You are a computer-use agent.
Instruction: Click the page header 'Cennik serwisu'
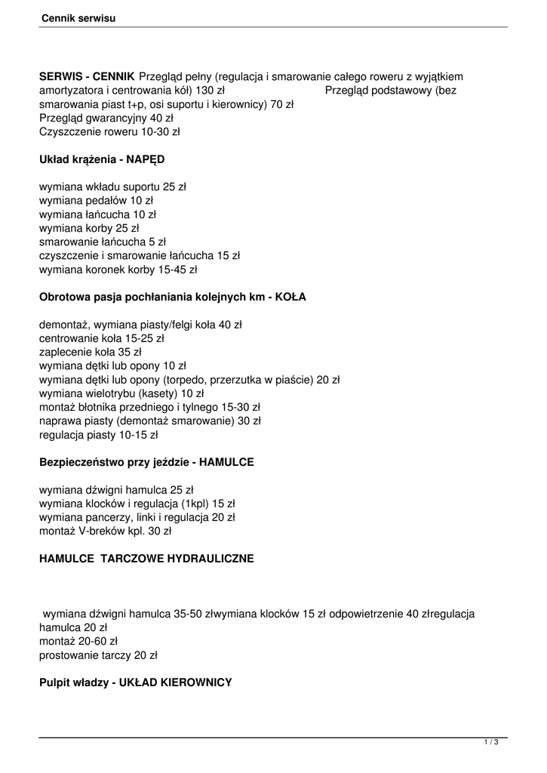(78, 16)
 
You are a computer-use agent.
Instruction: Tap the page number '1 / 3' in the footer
(491, 744)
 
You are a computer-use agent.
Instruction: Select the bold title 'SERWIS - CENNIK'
(87, 76)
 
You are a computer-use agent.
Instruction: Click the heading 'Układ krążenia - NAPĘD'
(101, 160)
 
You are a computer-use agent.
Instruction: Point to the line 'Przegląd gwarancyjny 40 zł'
(106, 118)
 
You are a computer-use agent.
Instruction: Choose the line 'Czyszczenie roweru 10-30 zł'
(109, 131)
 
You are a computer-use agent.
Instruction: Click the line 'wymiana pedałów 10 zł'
(96, 200)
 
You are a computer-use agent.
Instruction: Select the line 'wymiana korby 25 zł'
(89, 228)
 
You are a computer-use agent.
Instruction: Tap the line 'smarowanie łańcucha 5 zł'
(102, 242)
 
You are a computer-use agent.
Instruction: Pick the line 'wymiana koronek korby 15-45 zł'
(118, 269)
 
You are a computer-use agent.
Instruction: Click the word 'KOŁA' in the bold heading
(292, 297)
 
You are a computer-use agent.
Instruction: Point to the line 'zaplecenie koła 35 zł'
(90, 352)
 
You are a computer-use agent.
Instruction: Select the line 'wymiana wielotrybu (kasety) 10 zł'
(121, 393)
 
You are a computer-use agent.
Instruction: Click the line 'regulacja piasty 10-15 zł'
(98, 435)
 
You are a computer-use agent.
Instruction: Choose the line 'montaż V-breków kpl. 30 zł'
(105, 531)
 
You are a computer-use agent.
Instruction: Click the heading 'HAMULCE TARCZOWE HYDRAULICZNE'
(146, 559)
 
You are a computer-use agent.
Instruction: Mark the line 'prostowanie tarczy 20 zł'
(98, 654)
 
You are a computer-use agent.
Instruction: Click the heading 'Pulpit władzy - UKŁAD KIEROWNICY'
(135, 682)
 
